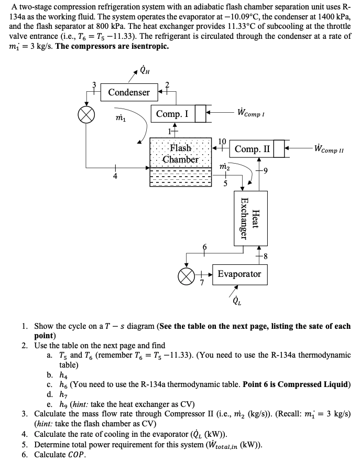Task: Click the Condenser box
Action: point(129,92)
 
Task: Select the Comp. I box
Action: point(173,114)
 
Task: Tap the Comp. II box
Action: point(253,149)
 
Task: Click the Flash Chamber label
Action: point(180,154)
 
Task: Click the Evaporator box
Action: point(239,274)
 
